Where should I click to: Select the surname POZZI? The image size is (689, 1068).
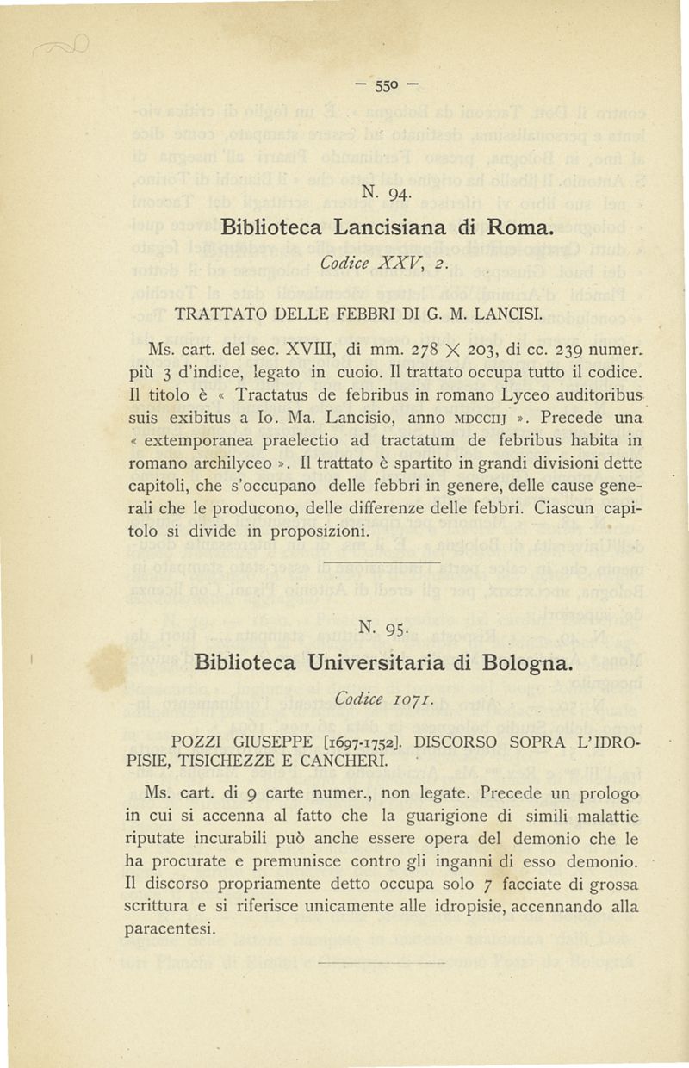(198, 741)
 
